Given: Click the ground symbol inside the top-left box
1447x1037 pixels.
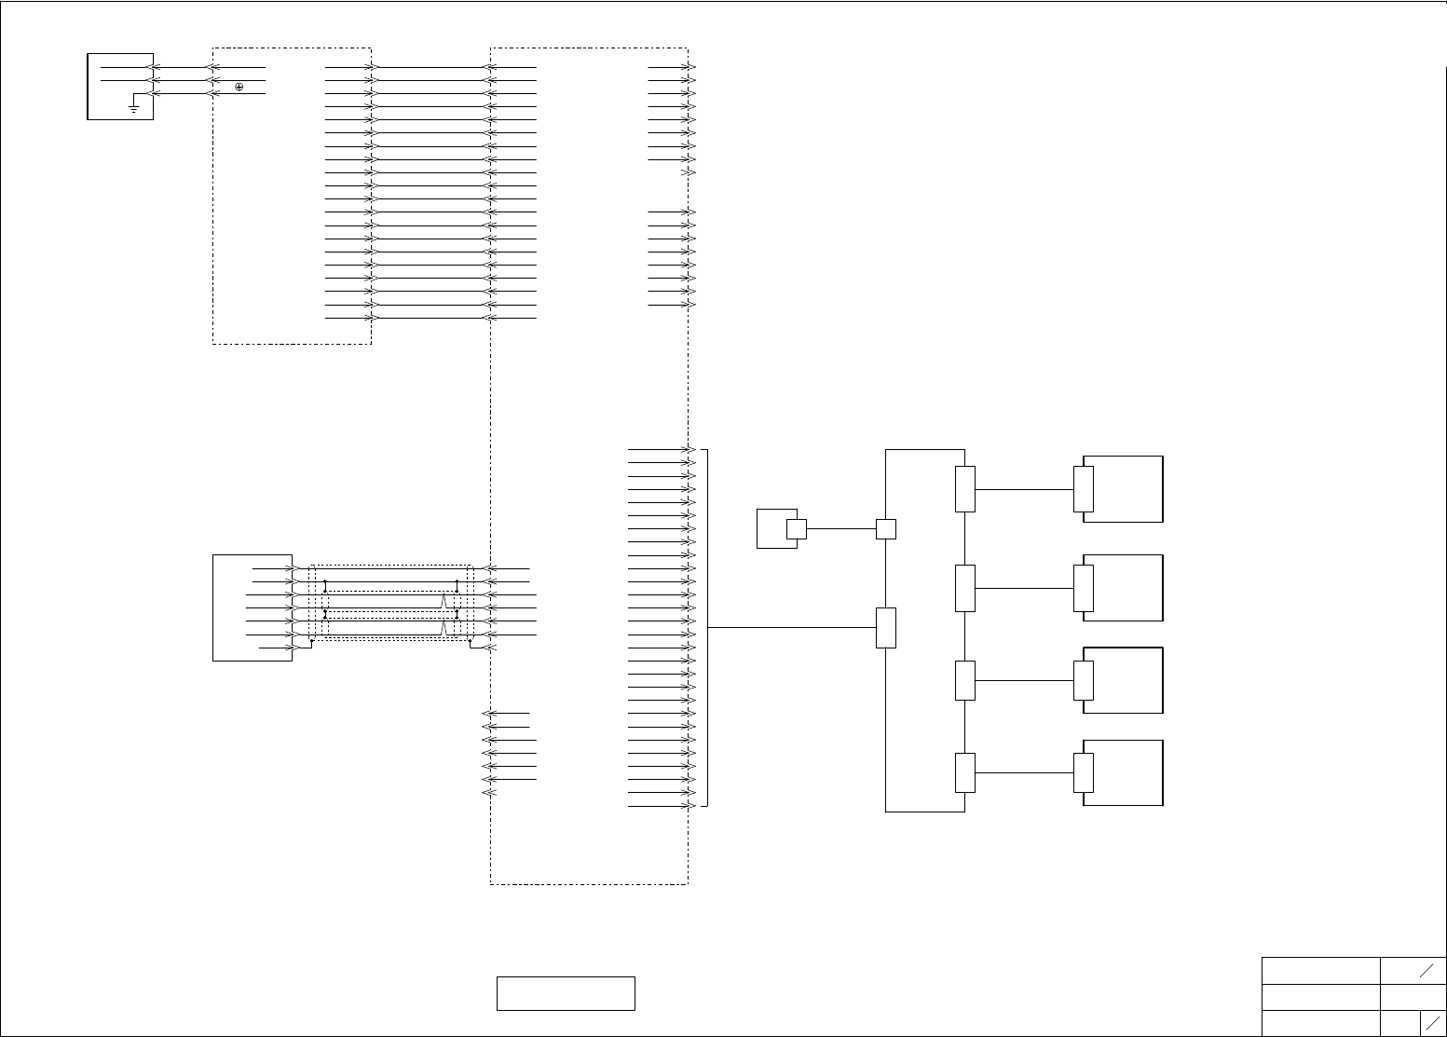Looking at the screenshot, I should [x=134, y=108].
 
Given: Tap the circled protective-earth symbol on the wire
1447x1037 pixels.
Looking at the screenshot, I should [x=239, y=87].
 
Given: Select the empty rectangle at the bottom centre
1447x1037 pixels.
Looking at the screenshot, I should [x=566, y=993].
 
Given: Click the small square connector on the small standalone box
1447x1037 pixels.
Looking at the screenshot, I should [x=796, y=528].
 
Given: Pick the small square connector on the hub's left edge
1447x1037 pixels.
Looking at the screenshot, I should [x=886, y=528].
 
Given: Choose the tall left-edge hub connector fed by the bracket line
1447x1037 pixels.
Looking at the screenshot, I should [x=886, y=627].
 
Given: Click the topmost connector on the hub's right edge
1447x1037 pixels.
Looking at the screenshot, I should [x=965, y=489].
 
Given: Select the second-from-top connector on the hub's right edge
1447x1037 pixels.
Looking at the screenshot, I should [x=965, y=588].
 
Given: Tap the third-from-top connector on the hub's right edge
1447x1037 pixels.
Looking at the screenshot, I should [x=965, y=680].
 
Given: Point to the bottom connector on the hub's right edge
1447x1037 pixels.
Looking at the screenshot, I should [x=965, y=772].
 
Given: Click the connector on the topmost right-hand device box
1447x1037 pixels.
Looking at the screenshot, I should [x=1083, y=489].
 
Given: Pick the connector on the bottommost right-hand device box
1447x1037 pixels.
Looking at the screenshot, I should [x=1083, y=772].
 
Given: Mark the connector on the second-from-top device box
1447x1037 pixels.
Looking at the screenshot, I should [x=1083, y=588].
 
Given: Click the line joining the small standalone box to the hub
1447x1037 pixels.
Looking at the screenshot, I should [x=840, y=528].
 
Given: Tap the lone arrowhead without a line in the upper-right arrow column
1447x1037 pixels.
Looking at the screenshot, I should [x=689, y=173].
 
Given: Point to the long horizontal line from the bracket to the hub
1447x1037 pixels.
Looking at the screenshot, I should [x=792, y=627].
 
